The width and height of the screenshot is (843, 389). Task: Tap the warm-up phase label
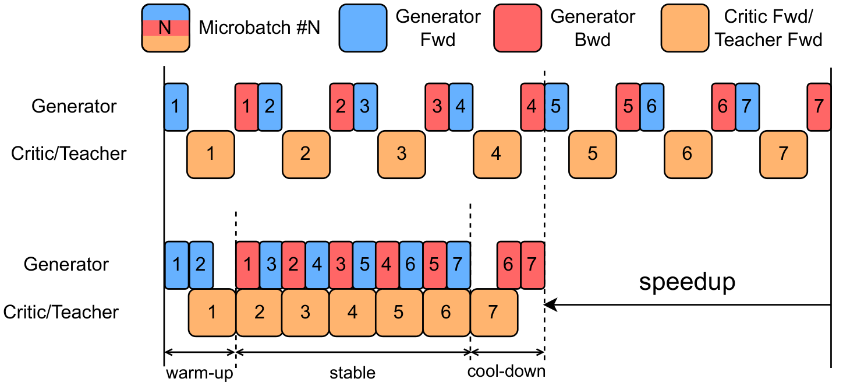(x=200, y=373)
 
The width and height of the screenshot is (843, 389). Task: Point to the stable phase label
(x=352, y=373)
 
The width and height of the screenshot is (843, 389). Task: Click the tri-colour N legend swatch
(x=165, y=27)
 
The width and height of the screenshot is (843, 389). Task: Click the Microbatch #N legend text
(x=260, y=27)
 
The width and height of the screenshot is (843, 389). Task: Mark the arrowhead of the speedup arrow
(x=550, y=304)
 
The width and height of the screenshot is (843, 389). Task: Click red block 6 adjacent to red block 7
(x=508, y=265)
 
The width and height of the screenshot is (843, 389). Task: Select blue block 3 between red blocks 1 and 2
(x=271, y=265)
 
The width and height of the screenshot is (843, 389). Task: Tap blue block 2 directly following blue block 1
(x=201, y=265)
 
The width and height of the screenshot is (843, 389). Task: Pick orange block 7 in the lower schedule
(x=493, y=313)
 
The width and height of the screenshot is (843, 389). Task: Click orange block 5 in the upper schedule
(x=592, y=154)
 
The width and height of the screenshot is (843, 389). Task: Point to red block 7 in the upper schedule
(x=819, y=107)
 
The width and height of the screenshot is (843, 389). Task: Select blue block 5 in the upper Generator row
(x=556, y=107)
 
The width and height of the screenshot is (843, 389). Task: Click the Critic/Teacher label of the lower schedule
(x=61, y=312)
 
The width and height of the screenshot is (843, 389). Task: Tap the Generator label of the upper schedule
(x=74, y=107)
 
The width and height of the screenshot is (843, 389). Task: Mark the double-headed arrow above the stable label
(x=353, y=352)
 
